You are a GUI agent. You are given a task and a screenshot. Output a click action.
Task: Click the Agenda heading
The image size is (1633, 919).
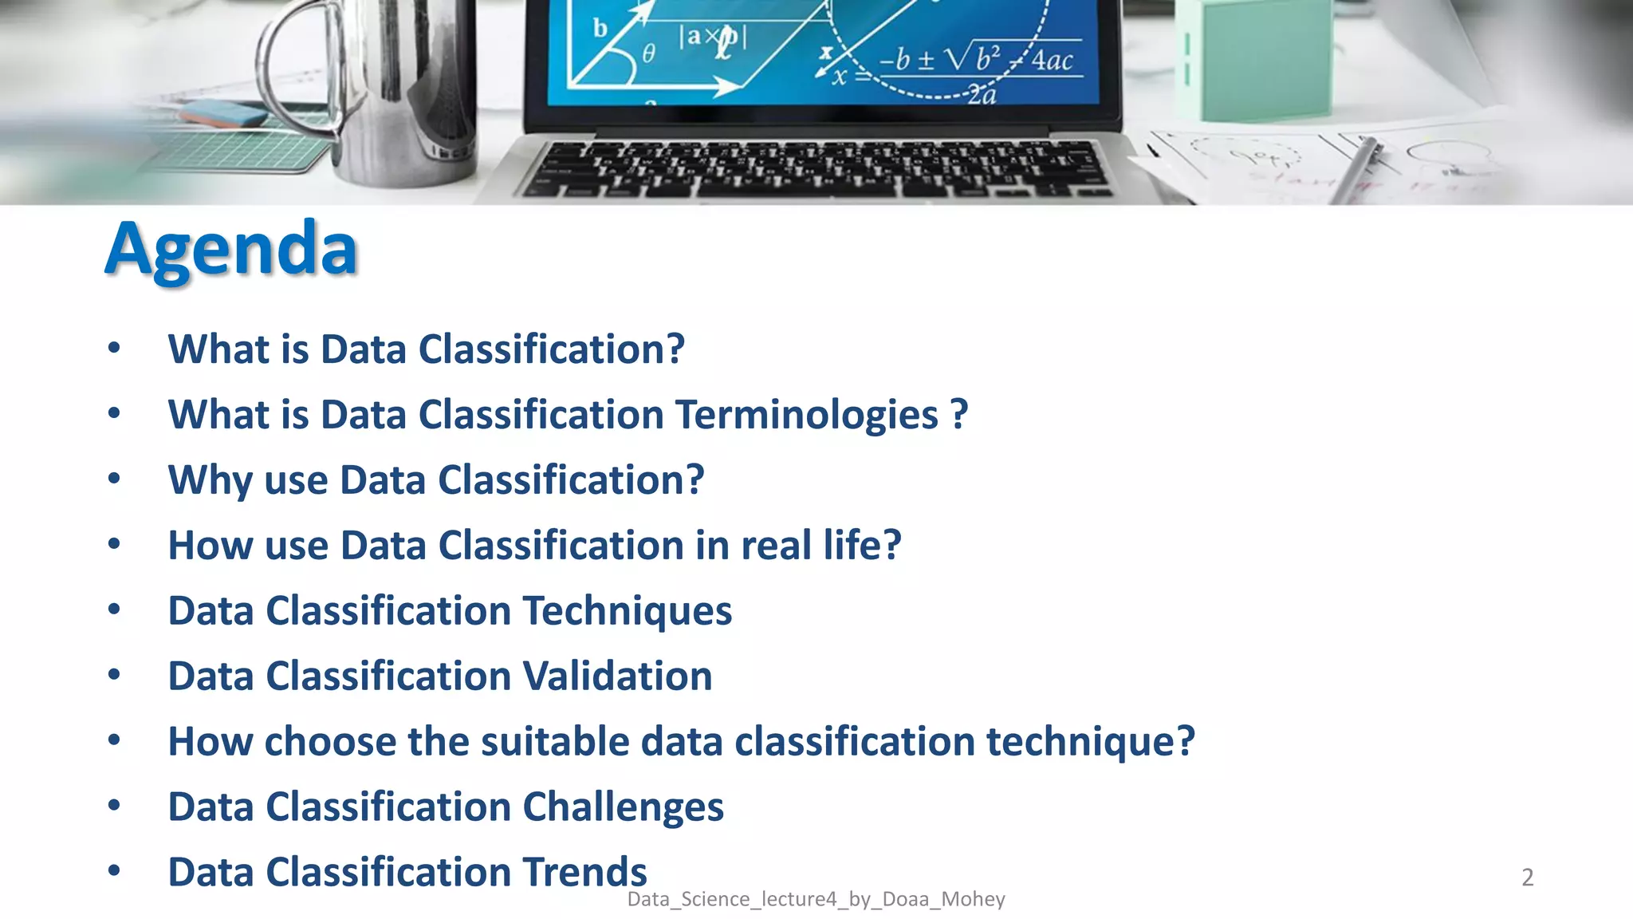click(231, 249)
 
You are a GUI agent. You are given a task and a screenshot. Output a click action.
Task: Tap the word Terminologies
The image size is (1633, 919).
click(807, 415)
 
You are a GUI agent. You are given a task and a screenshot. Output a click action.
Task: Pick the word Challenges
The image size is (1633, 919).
click(623, 807)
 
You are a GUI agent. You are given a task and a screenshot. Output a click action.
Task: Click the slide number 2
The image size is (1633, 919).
click(1527, 878)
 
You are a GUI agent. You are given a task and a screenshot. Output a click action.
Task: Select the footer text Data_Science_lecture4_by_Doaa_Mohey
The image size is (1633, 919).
click(816, 899)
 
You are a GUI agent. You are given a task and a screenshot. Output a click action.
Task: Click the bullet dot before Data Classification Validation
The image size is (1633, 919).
click(114, 676)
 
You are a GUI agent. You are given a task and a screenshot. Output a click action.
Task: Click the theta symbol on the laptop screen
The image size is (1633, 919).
click(648, 53)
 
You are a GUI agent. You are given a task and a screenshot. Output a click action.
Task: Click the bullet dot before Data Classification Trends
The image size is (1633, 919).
click(114, 871)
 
